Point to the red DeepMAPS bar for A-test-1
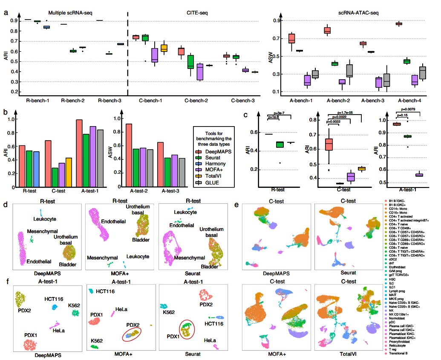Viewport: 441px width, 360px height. [x=79, y=154]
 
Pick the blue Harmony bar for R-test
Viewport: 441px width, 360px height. [x=36, y=170]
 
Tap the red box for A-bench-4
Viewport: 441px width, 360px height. [x=399, y=24]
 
